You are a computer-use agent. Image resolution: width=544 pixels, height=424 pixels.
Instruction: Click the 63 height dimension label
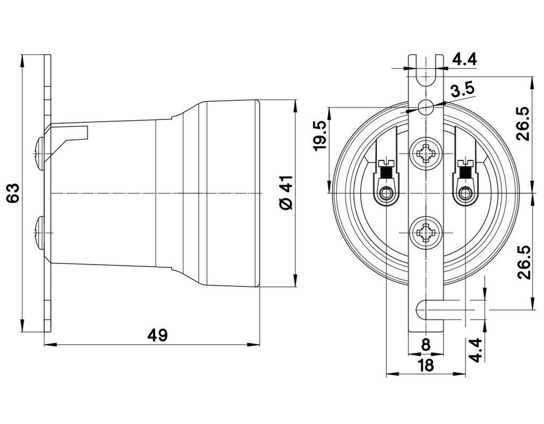coord(13,193)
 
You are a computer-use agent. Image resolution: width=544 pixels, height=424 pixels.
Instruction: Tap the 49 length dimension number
coord(157,335)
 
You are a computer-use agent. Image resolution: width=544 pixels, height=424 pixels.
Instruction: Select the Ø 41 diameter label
coord(286,193)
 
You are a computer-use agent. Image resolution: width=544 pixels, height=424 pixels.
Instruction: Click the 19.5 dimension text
coord(320,135)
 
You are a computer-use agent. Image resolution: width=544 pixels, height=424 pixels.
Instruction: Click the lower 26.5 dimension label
coord(524,262)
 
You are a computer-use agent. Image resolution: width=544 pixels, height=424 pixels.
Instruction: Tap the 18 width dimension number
coord(426,365)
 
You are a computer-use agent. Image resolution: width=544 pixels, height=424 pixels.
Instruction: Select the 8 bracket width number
coord(426,344)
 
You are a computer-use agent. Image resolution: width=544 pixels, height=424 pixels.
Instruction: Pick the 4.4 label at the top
coord(464,59)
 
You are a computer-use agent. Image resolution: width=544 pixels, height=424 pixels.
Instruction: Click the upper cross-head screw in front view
coord(426,155)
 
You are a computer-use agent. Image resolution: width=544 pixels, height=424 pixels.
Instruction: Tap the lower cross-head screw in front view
coord(426,232)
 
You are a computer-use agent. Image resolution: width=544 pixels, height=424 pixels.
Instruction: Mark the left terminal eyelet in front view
coord(385,193)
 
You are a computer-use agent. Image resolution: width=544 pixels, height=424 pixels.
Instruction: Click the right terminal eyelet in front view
coord(466,193)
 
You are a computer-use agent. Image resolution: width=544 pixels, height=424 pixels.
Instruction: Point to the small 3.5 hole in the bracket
coord(426,107)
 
